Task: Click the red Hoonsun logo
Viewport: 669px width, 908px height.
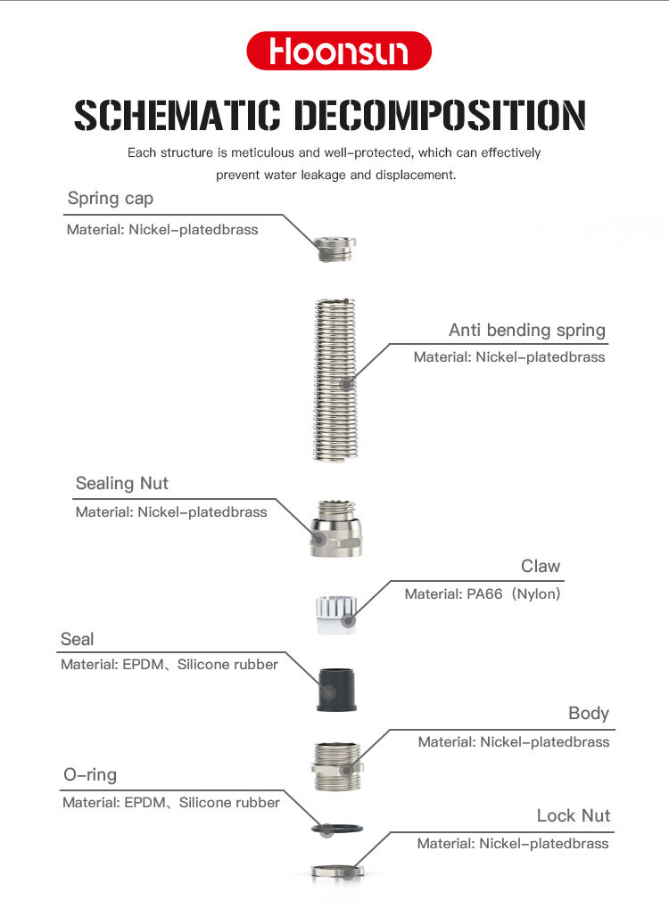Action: click(x=339, y=51)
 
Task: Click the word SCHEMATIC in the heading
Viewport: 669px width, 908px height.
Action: click(x=178, y=116)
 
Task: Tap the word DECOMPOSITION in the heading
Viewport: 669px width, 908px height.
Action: click(x=440, y=116)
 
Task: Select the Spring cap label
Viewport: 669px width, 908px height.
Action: click(x=111, y=198)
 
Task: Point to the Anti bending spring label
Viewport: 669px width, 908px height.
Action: click(x=526, y=330)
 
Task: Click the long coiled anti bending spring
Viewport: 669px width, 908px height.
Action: click(x=335, y=379)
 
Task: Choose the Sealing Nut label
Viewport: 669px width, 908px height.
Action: click(x=121, y=483)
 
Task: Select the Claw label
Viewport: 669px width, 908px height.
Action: click(x=541, y=566)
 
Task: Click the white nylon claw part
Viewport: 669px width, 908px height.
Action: click(x=335, y=615)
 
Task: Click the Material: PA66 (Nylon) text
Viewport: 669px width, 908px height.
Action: click(x=483, y=593)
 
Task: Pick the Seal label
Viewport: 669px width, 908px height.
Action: click(x=77, y=639)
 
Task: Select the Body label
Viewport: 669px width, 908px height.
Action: click(x=589, y=713)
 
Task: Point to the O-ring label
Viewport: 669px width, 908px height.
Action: click(x=89, y=774)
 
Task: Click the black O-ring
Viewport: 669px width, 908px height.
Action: click(x=335, y=830)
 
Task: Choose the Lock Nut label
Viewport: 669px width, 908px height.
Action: click(x=574, y=815)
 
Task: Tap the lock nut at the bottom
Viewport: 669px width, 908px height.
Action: click(x=335, y=870)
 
